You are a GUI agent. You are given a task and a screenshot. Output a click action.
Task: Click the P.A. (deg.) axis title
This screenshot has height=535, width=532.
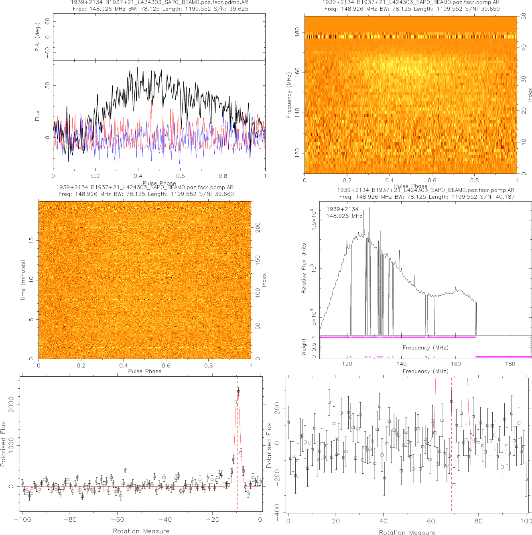(37, 37)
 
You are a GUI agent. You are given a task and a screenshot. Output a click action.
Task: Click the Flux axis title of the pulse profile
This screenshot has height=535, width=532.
(37, 116)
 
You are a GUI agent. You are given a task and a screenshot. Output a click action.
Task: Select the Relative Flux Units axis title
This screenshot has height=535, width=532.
(304, 268)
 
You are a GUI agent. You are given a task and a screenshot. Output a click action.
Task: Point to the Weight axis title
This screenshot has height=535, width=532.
(304, 347)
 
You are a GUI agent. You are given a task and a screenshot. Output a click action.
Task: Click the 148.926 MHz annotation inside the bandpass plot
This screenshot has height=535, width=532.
(344, 216)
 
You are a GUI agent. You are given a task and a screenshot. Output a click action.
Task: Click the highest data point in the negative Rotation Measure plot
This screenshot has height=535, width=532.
(238, 392)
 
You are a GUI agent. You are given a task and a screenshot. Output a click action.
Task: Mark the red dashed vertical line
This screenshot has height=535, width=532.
(238, 441)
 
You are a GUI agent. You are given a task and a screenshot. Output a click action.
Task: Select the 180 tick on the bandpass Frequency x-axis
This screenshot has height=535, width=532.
(510, 364)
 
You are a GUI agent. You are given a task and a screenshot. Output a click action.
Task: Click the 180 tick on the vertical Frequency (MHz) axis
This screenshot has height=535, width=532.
(297, 32)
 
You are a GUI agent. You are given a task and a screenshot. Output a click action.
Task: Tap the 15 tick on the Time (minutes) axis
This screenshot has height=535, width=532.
(31, 240)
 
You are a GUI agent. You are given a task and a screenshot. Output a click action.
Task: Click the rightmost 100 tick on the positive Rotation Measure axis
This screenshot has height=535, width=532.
(526, 521)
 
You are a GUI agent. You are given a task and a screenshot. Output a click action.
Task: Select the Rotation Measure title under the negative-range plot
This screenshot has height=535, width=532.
(141, 531)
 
